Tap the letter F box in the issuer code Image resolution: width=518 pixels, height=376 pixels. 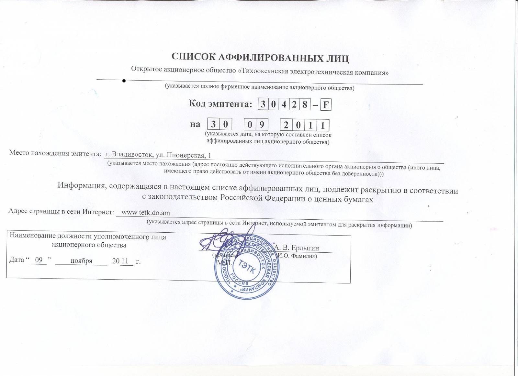(326, 105)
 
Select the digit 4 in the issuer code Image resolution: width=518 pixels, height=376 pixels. (284, 105)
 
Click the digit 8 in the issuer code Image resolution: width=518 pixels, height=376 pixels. (305, 105)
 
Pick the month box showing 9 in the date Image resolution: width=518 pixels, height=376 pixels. (262, 125)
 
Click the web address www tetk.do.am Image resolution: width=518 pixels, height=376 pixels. (145, 213)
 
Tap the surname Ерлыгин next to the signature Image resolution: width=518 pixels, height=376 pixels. (305, 248)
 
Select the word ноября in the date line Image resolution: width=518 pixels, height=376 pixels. (81, 261)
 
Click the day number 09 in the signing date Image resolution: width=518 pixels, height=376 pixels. (39, 260)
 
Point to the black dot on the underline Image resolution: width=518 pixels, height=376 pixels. (124, 81)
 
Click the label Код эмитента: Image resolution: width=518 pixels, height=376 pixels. (220, 104)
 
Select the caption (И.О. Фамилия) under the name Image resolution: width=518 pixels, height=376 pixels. (297, 256)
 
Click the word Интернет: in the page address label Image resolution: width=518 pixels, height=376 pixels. (98, 212)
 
